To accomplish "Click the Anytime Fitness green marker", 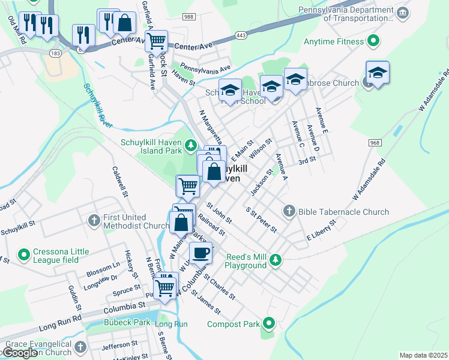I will click(373, 41).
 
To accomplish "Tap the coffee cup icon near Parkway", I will click(200, 252).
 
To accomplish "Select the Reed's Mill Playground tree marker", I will click(275, 260).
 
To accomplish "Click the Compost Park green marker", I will click(270, 324).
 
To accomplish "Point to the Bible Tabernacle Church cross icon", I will click(289, 211).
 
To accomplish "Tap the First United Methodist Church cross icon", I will click(94, 220).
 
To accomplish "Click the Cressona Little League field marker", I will click(24, 255).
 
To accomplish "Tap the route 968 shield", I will click(375, 142).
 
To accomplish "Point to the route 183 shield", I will click(56, 53).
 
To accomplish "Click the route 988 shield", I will click(189, 16).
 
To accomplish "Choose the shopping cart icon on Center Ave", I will click(155, 41).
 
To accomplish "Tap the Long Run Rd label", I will click(60, 324).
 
